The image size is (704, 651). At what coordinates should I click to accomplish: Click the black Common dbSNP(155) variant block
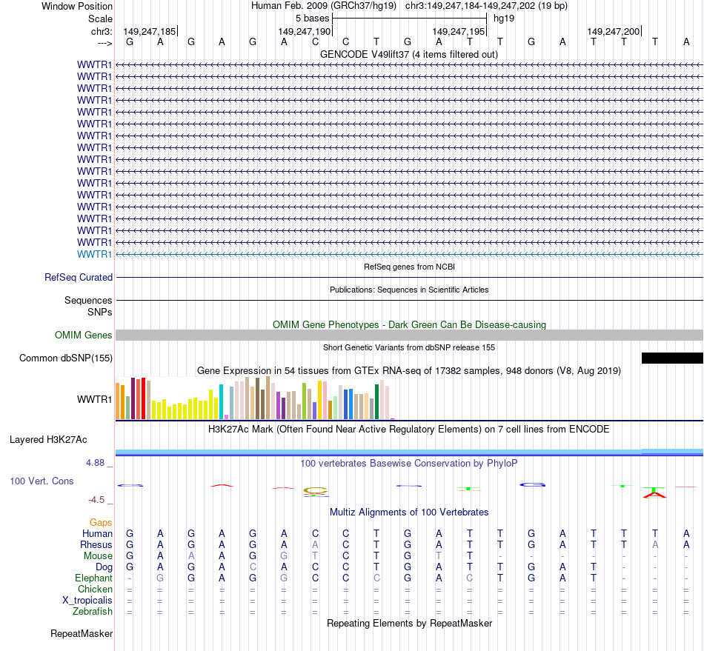671,358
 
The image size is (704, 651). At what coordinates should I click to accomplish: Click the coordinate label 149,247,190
304,32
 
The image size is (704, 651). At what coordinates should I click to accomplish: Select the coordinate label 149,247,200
613,32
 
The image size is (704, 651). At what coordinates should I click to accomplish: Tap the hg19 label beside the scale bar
504,18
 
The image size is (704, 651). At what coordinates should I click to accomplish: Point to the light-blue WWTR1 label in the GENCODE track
95,254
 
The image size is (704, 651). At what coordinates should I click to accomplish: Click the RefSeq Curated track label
79,277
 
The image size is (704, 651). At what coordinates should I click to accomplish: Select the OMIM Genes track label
84,335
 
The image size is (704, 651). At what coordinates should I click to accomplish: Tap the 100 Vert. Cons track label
41,481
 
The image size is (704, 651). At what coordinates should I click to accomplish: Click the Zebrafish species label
93,612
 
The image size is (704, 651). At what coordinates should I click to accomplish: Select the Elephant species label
93,578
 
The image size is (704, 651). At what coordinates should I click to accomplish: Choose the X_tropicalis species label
87,601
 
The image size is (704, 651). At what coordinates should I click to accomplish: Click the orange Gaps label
101,523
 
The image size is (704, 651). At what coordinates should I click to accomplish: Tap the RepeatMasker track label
82,634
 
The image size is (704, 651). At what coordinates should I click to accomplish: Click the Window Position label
77,6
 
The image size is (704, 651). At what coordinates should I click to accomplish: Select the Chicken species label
95,590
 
